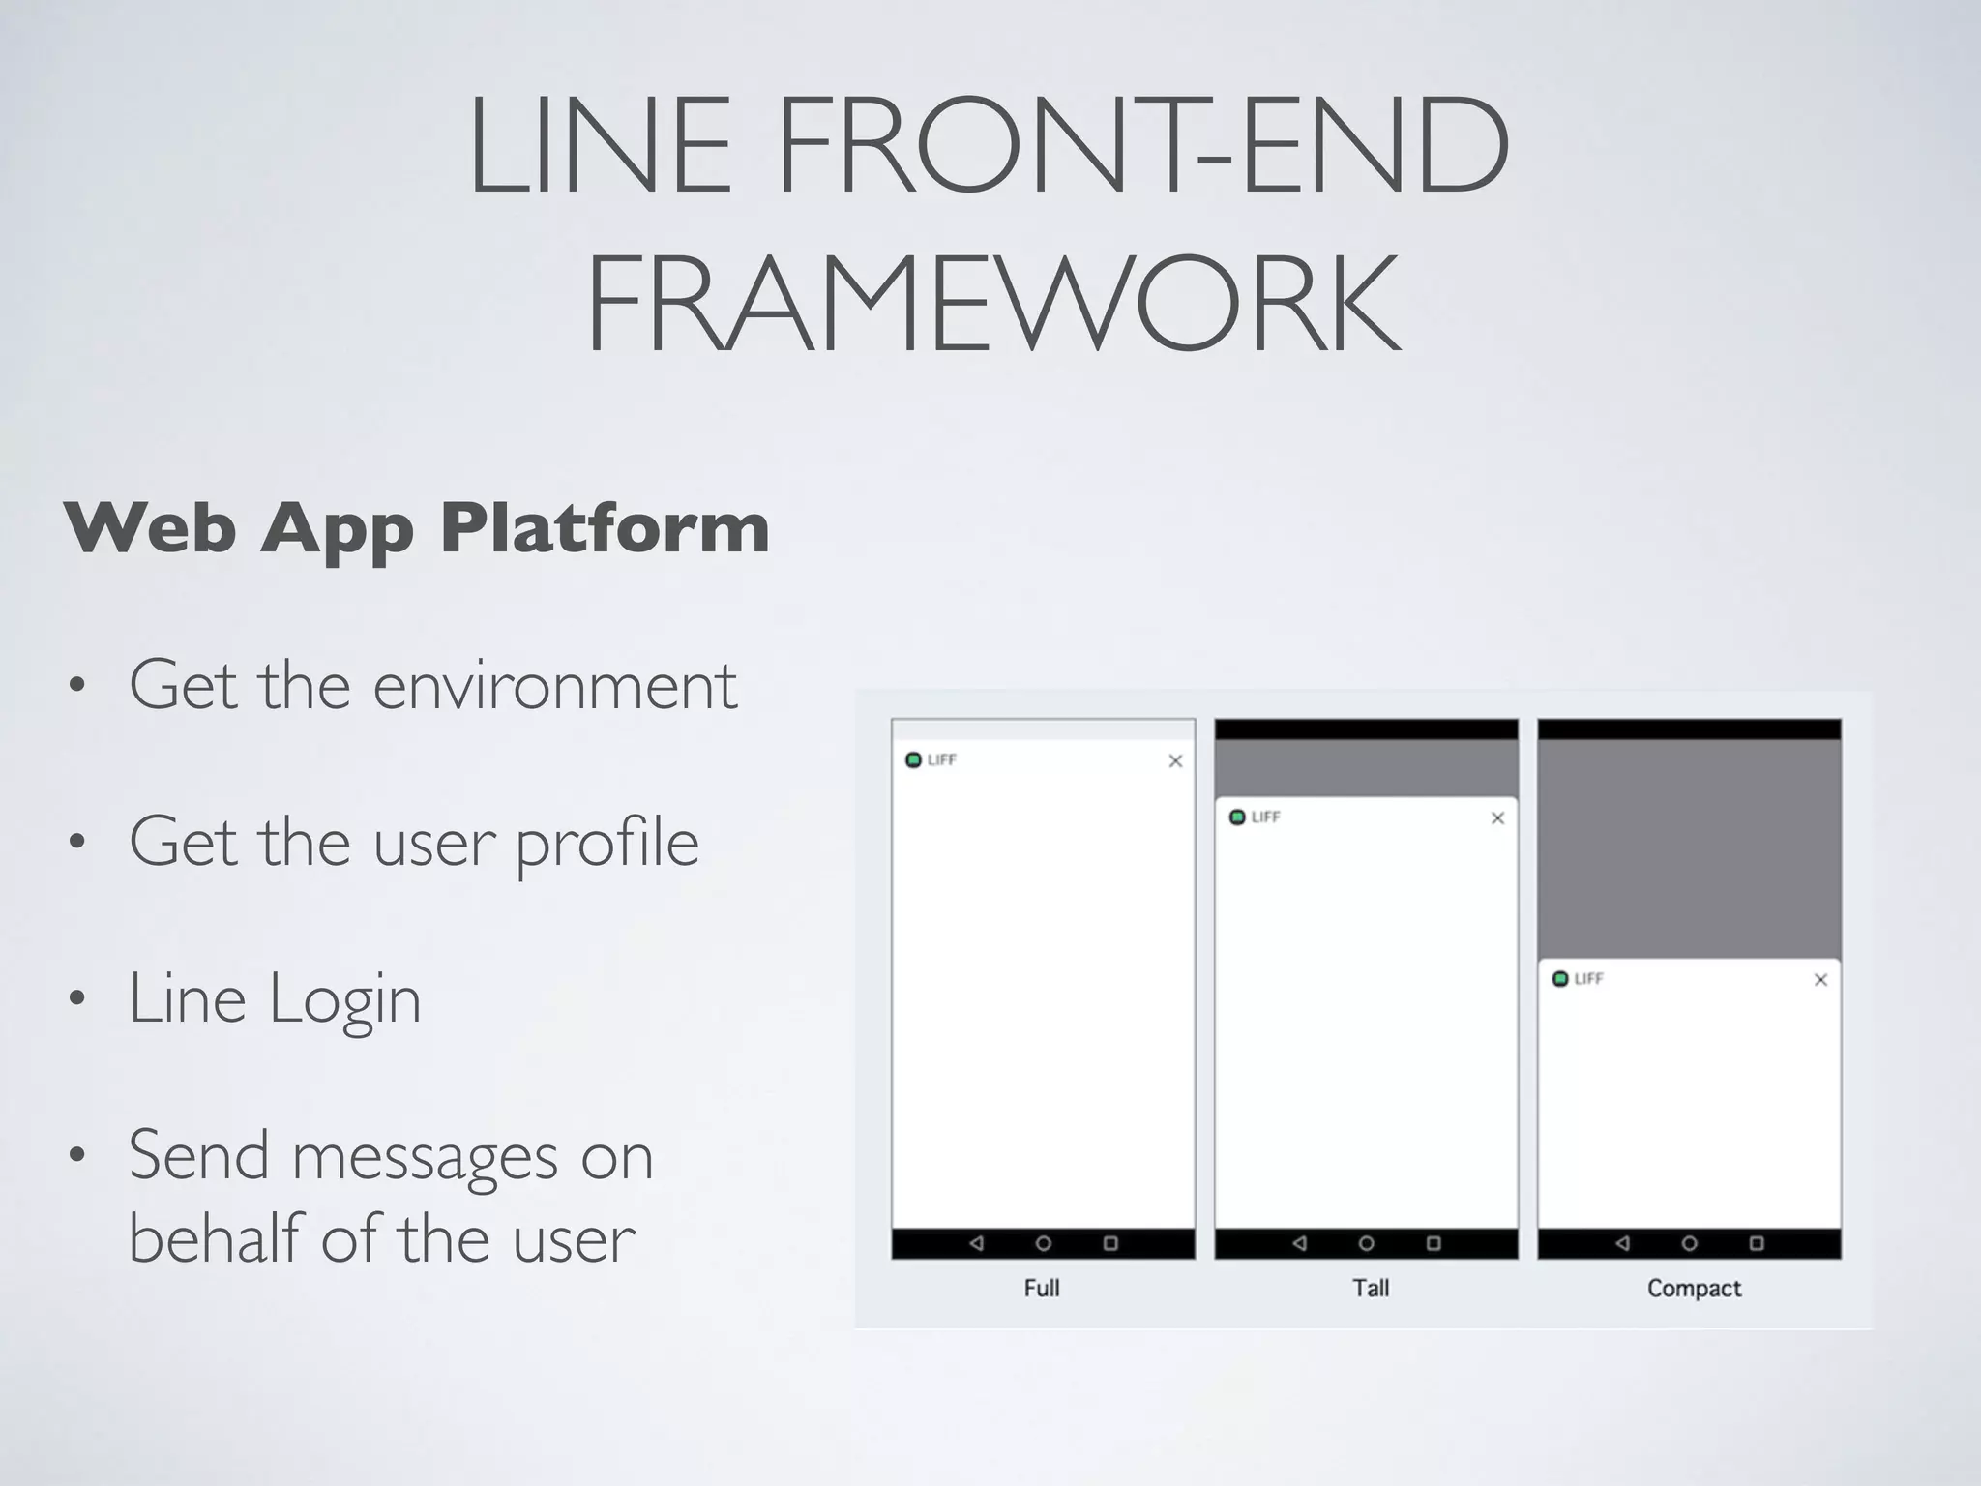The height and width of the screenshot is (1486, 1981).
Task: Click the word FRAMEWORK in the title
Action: (992, 303)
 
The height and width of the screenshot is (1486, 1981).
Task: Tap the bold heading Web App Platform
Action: (416, 528)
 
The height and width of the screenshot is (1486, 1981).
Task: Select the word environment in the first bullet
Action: (554, 685)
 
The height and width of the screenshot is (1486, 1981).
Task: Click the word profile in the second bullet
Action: (606, 842)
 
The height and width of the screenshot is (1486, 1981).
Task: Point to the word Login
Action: (344, 998)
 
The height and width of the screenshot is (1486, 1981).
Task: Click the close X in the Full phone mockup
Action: (1175, 761)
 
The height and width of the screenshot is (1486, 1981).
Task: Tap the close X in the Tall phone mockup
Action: (1497, 818)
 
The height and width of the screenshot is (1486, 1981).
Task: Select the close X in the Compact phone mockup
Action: (1820, 980)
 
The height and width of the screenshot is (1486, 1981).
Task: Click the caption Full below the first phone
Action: (1042, 1288)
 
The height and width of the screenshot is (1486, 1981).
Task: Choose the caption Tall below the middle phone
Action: (1371, 1288)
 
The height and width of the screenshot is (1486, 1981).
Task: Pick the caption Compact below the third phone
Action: (1694, 1288)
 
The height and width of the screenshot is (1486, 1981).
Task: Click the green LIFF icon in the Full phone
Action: (913, 760)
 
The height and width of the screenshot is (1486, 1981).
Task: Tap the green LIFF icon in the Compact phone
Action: (1560, 979)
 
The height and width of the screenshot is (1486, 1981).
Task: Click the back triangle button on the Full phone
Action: (976, 1243)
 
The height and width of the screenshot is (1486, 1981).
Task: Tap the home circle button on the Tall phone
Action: (1366, 1243)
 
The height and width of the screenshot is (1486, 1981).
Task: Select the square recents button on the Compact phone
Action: (1757, 1243)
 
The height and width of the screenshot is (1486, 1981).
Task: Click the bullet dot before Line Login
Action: (76, 998)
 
